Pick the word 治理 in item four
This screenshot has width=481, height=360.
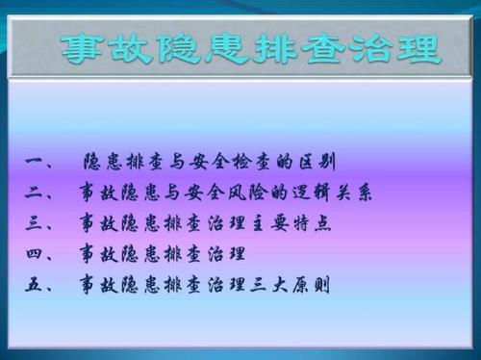tap(226, 255)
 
